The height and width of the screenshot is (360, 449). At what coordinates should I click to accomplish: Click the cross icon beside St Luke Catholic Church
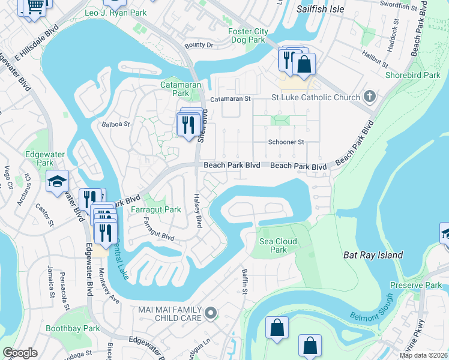[370, 97]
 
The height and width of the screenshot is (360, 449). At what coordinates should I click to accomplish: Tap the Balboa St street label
[114, 124]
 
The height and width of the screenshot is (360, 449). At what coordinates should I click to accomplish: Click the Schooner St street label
[286, 142]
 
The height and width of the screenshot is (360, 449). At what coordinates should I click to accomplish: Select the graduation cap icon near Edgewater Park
[58, 181]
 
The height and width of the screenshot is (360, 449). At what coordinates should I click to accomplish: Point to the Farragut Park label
[156, 210]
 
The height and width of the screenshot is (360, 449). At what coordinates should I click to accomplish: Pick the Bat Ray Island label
[373, 255]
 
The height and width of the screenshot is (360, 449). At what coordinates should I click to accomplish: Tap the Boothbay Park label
[73, 328]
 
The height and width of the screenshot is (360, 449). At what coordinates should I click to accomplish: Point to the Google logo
[20, 353]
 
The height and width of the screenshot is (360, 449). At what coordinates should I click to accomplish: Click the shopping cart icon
[35, 5]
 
